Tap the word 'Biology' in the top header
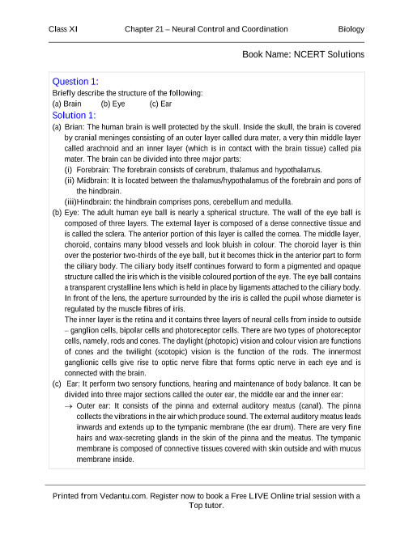tap(351, 29)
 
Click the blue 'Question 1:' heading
tap(75, 81)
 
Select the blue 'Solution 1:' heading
tap(75, 115)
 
